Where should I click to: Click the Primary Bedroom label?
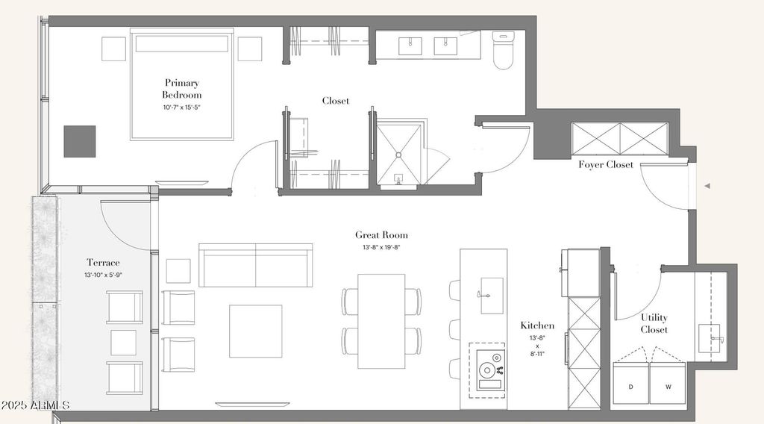[182, 89]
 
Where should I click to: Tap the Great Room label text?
[381, 235]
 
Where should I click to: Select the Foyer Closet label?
[606, 165]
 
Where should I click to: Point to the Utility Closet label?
[654, 323]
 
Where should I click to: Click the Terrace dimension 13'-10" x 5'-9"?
[103, 275]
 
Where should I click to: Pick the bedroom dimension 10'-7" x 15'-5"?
[182, 107]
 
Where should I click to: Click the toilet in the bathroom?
[504, 50]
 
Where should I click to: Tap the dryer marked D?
[631, 383]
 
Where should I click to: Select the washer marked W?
[668, 383]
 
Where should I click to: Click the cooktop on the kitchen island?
[489, 370]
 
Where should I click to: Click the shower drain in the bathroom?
[398, 155]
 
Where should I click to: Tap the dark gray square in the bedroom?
[79, 141]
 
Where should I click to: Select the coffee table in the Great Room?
[256, 331]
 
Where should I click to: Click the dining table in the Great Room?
[381, 321]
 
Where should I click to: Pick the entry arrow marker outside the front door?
[707, 186]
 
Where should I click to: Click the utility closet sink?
[710, 337]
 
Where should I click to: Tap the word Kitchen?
[537, 325]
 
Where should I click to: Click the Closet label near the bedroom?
[336, 101]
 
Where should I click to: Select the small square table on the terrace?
[123, 343]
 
